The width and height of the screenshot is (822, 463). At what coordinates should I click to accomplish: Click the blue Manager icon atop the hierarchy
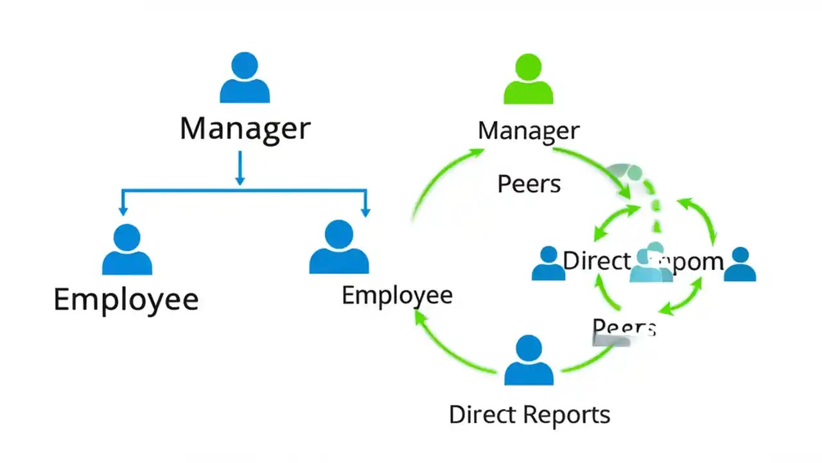click(245, 78)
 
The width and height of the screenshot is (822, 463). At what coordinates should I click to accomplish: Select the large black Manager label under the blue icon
click(245, 129)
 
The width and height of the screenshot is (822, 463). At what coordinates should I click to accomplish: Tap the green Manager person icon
click(529, 80)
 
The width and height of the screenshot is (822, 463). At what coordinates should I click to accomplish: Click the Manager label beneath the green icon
click(529, 131)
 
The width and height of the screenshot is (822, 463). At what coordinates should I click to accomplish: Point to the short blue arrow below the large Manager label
click(240, 168)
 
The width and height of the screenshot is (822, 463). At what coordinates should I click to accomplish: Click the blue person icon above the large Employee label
click(127, 250)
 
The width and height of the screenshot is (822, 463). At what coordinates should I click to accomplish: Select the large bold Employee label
click(126, 300)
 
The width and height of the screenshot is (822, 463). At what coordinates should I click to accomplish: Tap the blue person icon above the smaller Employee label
click(338, 248)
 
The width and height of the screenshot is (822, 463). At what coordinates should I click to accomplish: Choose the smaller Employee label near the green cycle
click(397, 295)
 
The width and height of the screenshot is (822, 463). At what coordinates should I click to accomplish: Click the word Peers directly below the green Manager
click(529, 185)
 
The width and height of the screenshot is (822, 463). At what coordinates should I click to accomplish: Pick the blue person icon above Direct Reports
click(529, 361)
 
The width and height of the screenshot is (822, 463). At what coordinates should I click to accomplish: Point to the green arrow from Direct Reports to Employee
click(450, 344)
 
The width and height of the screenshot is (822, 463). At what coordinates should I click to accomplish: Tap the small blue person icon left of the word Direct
click(548, 264)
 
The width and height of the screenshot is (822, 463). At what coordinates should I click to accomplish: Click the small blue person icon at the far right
click(740, 265)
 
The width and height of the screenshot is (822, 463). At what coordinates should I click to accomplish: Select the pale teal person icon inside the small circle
click(651, 264)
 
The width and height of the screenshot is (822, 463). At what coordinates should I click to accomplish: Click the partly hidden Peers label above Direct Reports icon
click(623, 328)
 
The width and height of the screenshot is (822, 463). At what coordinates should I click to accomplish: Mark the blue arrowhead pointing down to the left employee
click(122, 210)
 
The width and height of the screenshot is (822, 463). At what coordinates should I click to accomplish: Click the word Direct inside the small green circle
click(596, 261)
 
